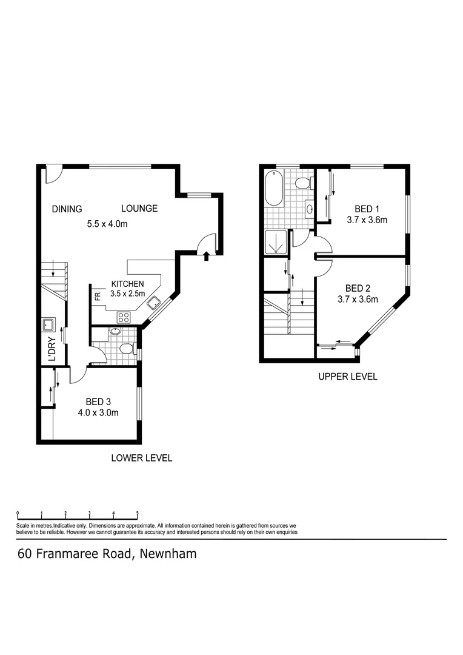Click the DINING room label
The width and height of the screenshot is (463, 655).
[x=67, y=209]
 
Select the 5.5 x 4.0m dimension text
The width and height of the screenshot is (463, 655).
[x=107, y=224]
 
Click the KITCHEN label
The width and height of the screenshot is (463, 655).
[x=127, y=284]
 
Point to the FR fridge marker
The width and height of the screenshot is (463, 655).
[x=97, y=297]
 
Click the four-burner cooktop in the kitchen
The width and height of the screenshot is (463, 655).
[x=124, y=316]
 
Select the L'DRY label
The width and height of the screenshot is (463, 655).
[x=52, y=349]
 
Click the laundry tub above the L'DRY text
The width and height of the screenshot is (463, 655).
[x=49, y=324]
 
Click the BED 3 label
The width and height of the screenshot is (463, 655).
[x=98, y=401]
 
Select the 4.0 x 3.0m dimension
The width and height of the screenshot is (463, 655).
[x=98, y=413]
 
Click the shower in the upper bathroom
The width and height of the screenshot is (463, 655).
[x=276, y=241]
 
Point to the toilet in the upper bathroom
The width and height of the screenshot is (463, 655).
[x=303, y=183]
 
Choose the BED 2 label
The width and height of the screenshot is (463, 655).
[x=358, y=288]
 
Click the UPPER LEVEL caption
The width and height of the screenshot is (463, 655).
[x=348, y=377]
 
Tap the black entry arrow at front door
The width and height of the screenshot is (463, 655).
[x=207, y=256]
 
